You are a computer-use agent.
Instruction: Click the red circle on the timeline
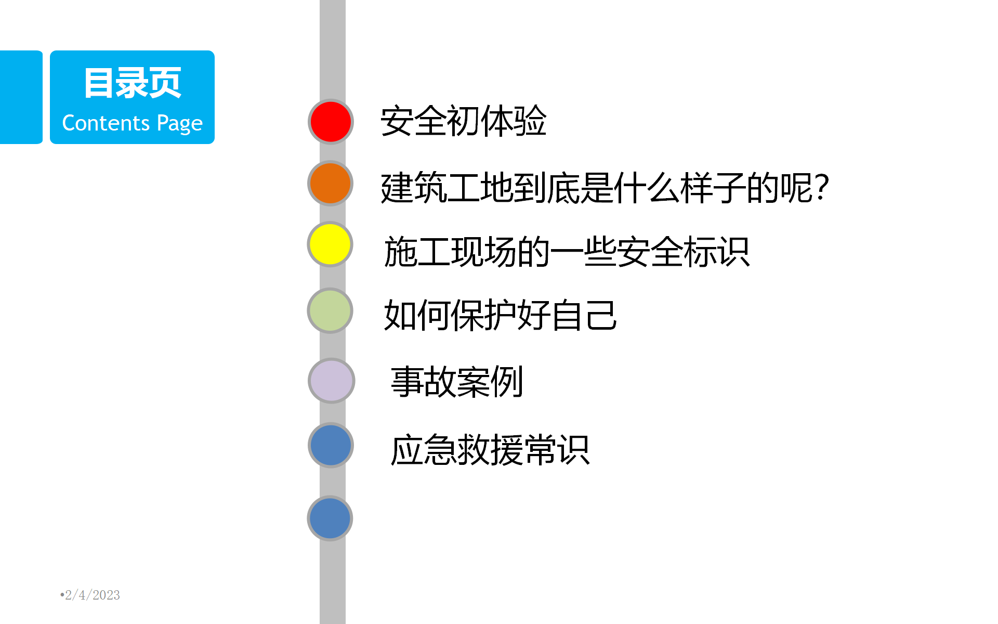click(x=331, y=122)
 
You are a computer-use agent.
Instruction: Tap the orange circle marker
click(x=331, y=184)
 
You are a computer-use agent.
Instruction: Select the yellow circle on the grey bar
click(x=331, y=244)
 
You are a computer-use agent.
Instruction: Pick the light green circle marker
click(x=331, y=311)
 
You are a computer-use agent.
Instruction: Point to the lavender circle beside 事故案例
click(x=332, y=381)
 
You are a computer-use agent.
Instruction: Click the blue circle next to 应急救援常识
click(x=331, y=446)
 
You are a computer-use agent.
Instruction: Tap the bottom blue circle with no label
click(x=331, y=518)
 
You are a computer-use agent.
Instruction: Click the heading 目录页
click(x=133, y=83)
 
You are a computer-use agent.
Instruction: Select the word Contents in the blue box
click(x=106, y=123)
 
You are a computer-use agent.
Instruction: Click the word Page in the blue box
click(x=180, y=124)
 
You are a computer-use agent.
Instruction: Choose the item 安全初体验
click(x=464, y=121)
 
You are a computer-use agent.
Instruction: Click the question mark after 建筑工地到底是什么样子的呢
click(x=822, y=187)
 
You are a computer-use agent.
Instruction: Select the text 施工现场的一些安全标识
click(x=567, y=252)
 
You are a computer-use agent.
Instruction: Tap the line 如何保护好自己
click(x=501, y=315)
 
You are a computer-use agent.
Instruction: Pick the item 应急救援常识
click(x=490, y=450)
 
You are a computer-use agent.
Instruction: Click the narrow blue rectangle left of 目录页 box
click(x=21, y=97)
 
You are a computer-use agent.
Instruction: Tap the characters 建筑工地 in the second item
click(x=447, y=188)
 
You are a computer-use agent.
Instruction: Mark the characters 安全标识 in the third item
click(x=684, y=252)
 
